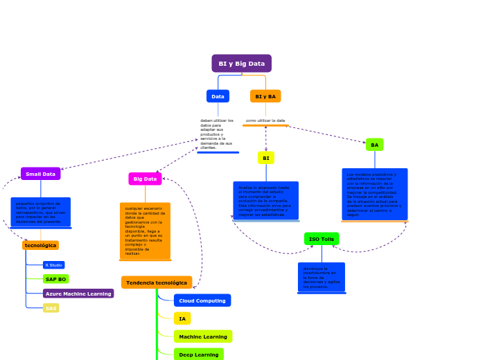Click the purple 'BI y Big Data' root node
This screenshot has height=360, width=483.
pyautogui.click(x=241, y=64)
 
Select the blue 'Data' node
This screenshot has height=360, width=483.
pyautogui.click(x=218, y=96)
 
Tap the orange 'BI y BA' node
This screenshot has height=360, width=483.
pyautogui.click(x=265, y=96)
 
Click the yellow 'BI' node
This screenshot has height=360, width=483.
pyautogui.click(x=265, y=158)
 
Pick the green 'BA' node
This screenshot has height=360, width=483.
pyautogui.click(x=374, y=145)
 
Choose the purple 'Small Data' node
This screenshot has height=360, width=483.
pyautogui.click(x=40, y=174)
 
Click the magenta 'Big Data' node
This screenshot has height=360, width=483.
pyautogui.click(x=145, y=179)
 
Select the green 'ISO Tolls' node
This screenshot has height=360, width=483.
pyautogui.click(x=322, y=239)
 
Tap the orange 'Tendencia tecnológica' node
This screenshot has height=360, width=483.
pyautogui.click(x=157, y=282)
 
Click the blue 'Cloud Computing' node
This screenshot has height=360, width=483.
pyautogui.click(x=202, y=300)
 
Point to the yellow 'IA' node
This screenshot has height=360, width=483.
pyautogui.click(x=182, y=318)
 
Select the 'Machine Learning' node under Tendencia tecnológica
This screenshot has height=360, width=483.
pyautogui.click(x=202, y=336)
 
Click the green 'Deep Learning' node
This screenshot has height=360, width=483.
pyautogui.click(x=198, y=354)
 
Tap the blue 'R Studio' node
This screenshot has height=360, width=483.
pyautogui.click(x=53, y=265)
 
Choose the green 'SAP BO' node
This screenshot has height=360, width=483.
pyautogui.click(x=55, y=279)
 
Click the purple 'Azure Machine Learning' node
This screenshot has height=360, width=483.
pyautogui.click(x=78, y=294)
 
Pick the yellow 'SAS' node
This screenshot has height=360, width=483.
pyautogui.click(x=51, y=308)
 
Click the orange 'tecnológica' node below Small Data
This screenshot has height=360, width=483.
pyautogui.click(x=40, y=245)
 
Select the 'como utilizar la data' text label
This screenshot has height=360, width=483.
pyautogui.click(x=265, y=120)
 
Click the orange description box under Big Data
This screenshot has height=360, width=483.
pyautogui.click(x=145, y=231)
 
